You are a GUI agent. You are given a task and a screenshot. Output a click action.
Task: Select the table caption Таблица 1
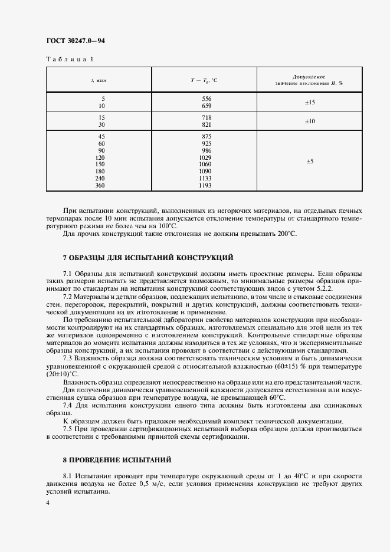tap(69, 59)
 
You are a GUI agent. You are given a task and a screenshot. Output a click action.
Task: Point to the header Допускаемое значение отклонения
tap(309, 80)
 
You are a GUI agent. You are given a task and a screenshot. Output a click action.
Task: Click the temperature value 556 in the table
tap(207, 98)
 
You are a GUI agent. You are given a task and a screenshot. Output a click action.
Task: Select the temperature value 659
tap(207, 106)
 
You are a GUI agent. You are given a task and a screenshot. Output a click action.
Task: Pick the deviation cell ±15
tap(310, 102)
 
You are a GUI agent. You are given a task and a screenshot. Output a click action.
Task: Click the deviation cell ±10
tap(310, 121)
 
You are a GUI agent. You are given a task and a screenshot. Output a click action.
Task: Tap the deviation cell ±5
tap(310, 161)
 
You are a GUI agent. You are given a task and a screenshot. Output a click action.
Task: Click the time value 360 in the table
tap(100, 186)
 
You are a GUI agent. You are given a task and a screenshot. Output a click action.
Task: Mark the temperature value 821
tap(207, 125)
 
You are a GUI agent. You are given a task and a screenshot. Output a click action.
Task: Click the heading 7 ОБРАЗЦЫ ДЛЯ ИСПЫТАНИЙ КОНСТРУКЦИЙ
tap(148, 258)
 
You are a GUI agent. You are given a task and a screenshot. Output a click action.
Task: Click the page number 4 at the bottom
tap(48, 502)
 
